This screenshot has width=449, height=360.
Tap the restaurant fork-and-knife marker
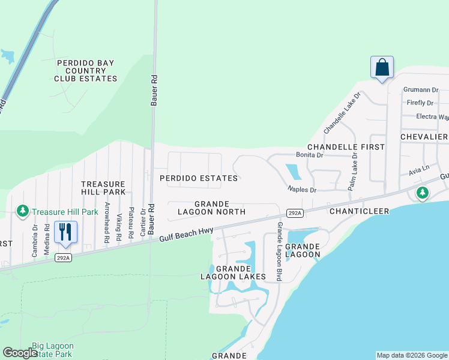[65, 231]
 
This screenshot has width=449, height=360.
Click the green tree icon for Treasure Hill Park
[23, 211]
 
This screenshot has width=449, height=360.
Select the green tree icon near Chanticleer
[423, 193]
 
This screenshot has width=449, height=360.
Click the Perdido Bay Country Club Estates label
[86, 71]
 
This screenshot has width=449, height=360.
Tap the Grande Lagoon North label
[211, 208]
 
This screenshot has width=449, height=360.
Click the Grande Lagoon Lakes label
[232, 272]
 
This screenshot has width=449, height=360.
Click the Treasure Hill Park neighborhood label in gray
[103, 188]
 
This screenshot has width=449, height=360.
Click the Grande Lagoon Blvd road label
[279, 251]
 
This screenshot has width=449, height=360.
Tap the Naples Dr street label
[301, 190]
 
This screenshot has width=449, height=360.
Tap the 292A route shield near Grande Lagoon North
[294, 213]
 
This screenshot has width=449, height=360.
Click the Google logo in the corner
[20, 353]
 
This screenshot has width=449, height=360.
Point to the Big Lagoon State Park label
[53, 350]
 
